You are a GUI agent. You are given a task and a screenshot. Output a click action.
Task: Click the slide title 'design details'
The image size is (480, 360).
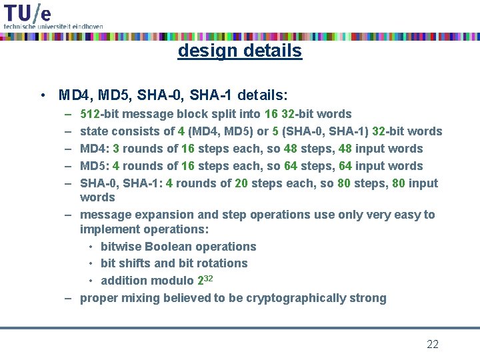239,51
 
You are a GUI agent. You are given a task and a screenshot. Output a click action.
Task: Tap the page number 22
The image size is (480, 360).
433,344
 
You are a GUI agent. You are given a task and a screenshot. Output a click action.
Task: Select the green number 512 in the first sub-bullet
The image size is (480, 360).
90,114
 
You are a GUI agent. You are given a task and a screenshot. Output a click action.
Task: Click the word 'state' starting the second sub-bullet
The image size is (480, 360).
94,131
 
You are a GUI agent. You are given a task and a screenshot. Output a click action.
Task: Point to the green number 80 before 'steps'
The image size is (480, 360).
344,183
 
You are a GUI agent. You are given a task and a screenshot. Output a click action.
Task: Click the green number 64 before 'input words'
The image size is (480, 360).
344,166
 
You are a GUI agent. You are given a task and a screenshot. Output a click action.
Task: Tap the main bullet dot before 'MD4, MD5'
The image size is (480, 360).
42,95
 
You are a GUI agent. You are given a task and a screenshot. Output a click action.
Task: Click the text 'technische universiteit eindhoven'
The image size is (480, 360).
53,26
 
